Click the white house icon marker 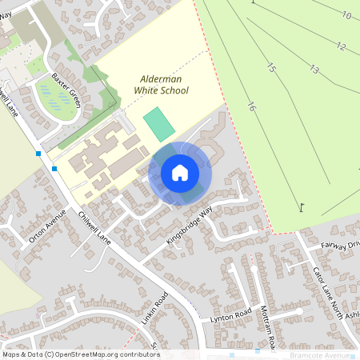[x=180, y=173]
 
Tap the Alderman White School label [x=164, y=86]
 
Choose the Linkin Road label [x=157, y=310]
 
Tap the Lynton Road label [x=230, y=315]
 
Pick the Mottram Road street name [x=270, y=327]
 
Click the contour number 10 [x=346, y=15]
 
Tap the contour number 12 [x=341, y=46]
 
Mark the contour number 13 [x=314, y=70]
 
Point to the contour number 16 [x=252, y=106]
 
